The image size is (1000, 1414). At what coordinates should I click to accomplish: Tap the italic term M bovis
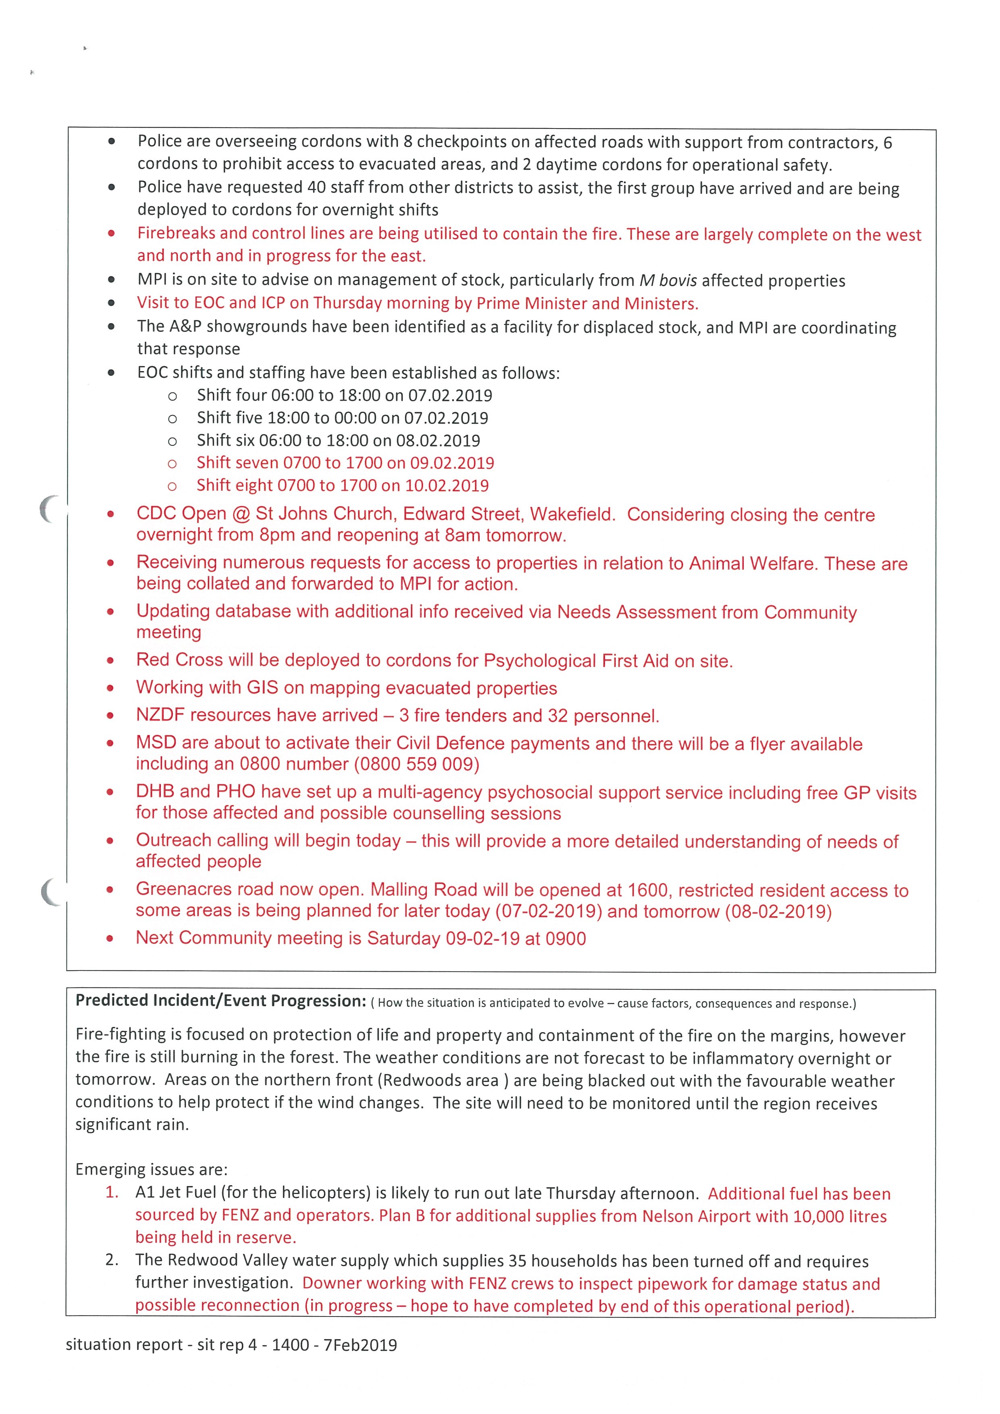(668, 281)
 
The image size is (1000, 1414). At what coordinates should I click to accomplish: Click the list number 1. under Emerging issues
(112, 1192)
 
